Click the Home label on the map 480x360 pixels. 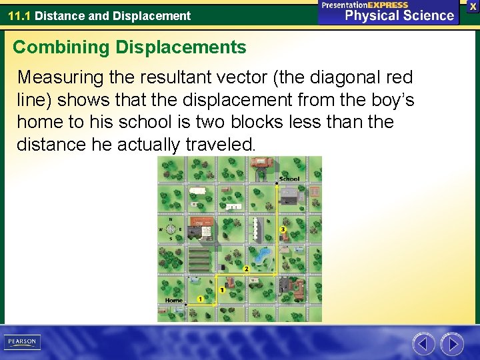point(173,301)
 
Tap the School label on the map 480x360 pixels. point(289,179)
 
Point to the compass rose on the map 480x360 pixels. point(171,229)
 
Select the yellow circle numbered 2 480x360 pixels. point(246,269)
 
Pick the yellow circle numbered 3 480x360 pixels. point(283,229)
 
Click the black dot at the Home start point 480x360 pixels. point(185,305)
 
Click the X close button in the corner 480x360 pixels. point(473,6)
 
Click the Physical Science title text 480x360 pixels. point(399,15)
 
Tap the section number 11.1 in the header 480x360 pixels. point(19,15)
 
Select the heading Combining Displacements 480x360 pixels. point(129,47)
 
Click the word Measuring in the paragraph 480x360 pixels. point(59,78)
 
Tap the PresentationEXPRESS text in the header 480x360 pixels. point(365,5)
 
